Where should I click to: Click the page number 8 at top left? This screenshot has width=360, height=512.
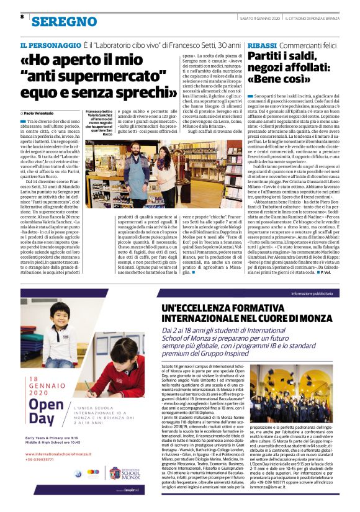point(22,17)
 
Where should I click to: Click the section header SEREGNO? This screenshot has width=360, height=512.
point(60,22)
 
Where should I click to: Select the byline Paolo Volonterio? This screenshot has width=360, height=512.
point(41,113)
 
